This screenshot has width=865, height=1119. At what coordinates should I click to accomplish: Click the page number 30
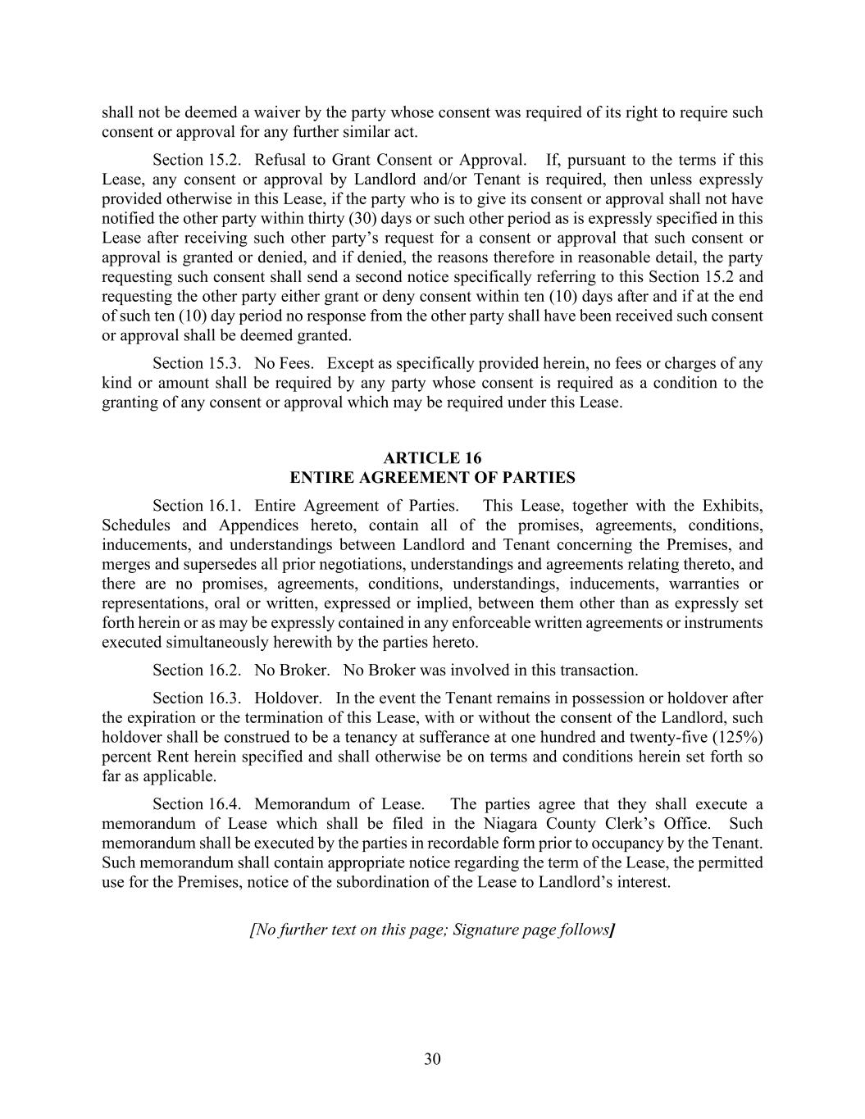click(x=432, y=1059)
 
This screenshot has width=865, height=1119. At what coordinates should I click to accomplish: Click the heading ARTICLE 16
click(x=432, y=458)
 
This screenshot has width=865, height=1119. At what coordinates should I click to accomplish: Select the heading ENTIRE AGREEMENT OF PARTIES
click(x=432, y=478)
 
